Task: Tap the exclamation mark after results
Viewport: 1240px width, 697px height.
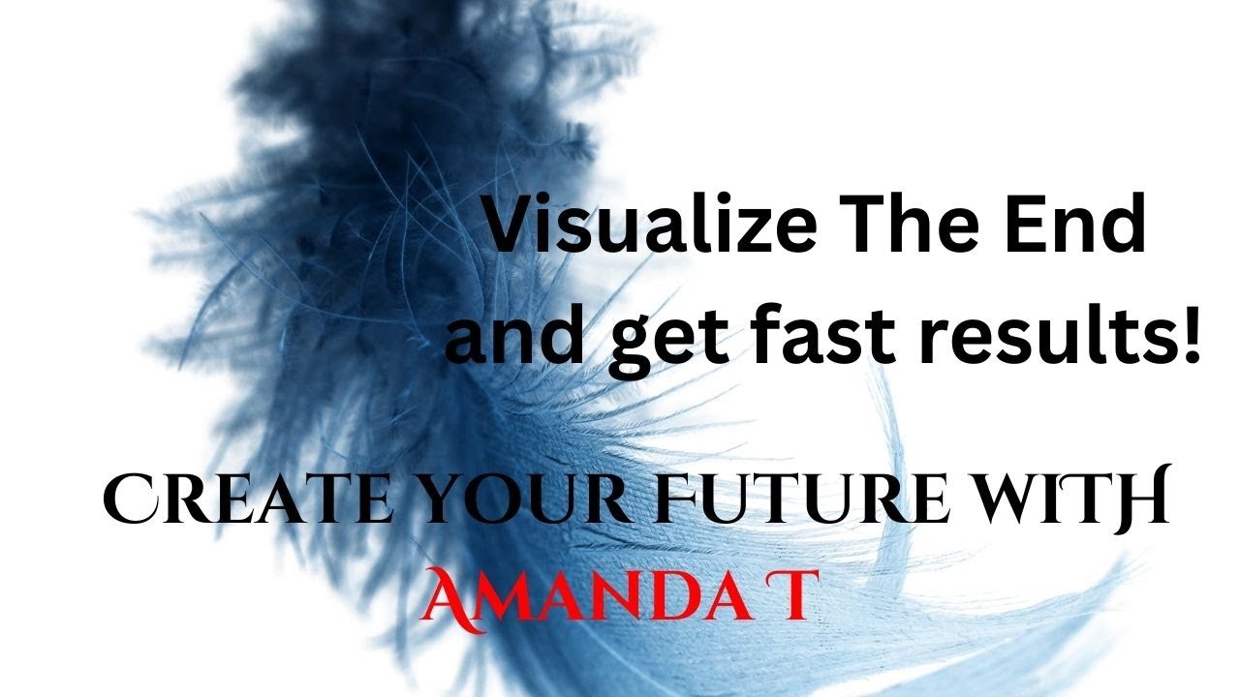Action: coord(1190,333)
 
